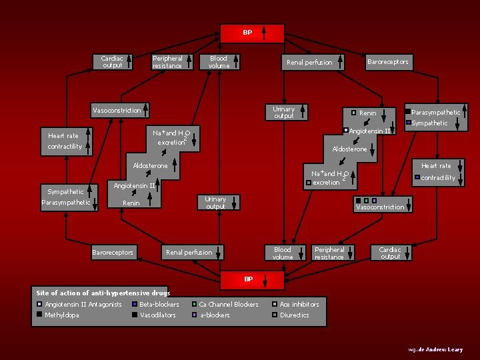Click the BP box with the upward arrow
(x=253, y=33)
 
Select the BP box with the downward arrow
(x=253, y=279)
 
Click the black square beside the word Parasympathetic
(x=408, y=112)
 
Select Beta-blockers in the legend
(x=159, y=305)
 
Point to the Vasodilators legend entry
(x=157, y=315)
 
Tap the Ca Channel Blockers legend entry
(x=228, y=305)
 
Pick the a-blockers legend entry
(x=215, y=315)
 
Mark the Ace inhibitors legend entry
(x=299, y=305)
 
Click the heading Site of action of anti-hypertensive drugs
(x=103, y=293)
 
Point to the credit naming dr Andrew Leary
(x=436, y=349)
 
